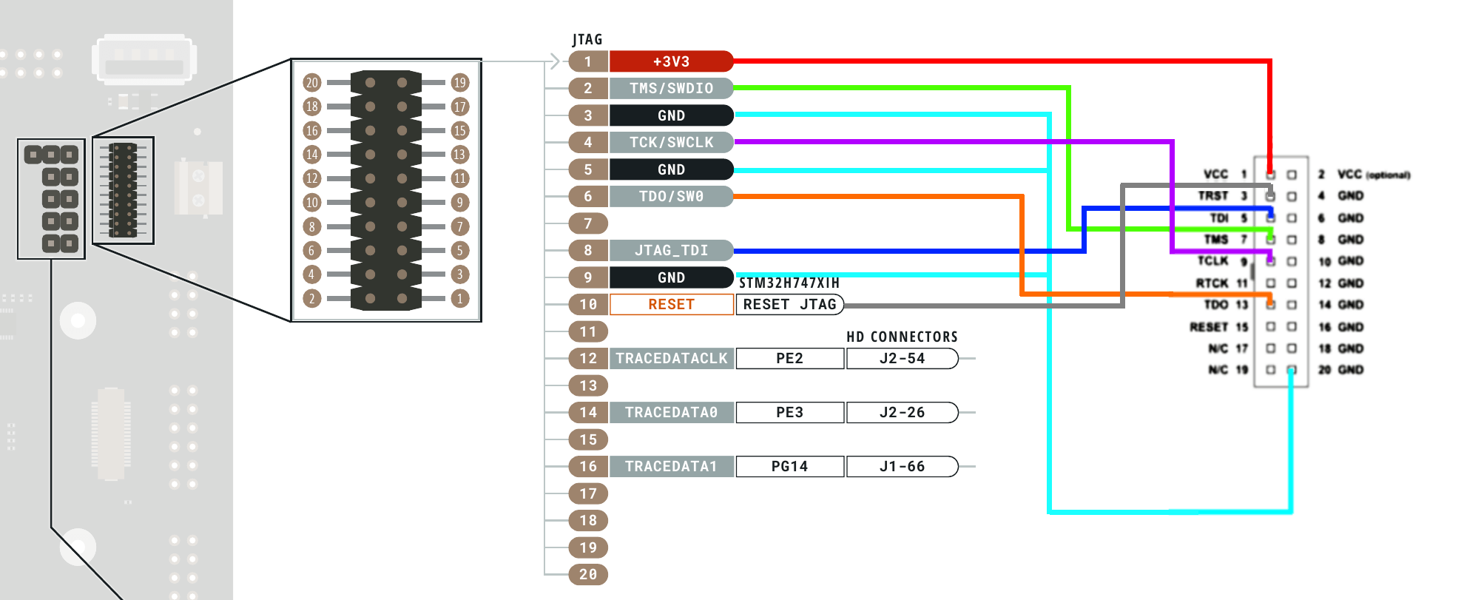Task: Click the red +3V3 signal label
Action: click(x=671, y=61)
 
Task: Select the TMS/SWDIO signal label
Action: click(x=671, y=88)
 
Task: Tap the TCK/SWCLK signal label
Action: click(x=671, y=142)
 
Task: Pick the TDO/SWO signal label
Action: click(x=671, y=196)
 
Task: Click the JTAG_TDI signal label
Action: click(x=671, y=250)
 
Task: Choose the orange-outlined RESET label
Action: click(x=671, y=304)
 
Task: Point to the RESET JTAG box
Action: click(x=789, y=304)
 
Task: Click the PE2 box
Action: click(x=789, y=358)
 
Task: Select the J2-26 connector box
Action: click(x=902, y=412)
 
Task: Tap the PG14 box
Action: click(x=789, y=466)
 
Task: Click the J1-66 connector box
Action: click(x=902, y=466)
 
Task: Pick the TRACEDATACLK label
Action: click(x=671, y=358)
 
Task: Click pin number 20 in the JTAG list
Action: click(x=588, y=574)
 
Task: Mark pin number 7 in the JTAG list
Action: click(x=588, y=223)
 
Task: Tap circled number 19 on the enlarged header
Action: click(x=460, y=82)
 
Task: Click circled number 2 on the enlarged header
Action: click(x=312, y=299)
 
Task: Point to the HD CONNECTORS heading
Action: click(x=902, y=337)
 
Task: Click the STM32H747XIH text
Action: click(x=789, y=283)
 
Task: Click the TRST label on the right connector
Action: click(x=1213, y=195)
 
